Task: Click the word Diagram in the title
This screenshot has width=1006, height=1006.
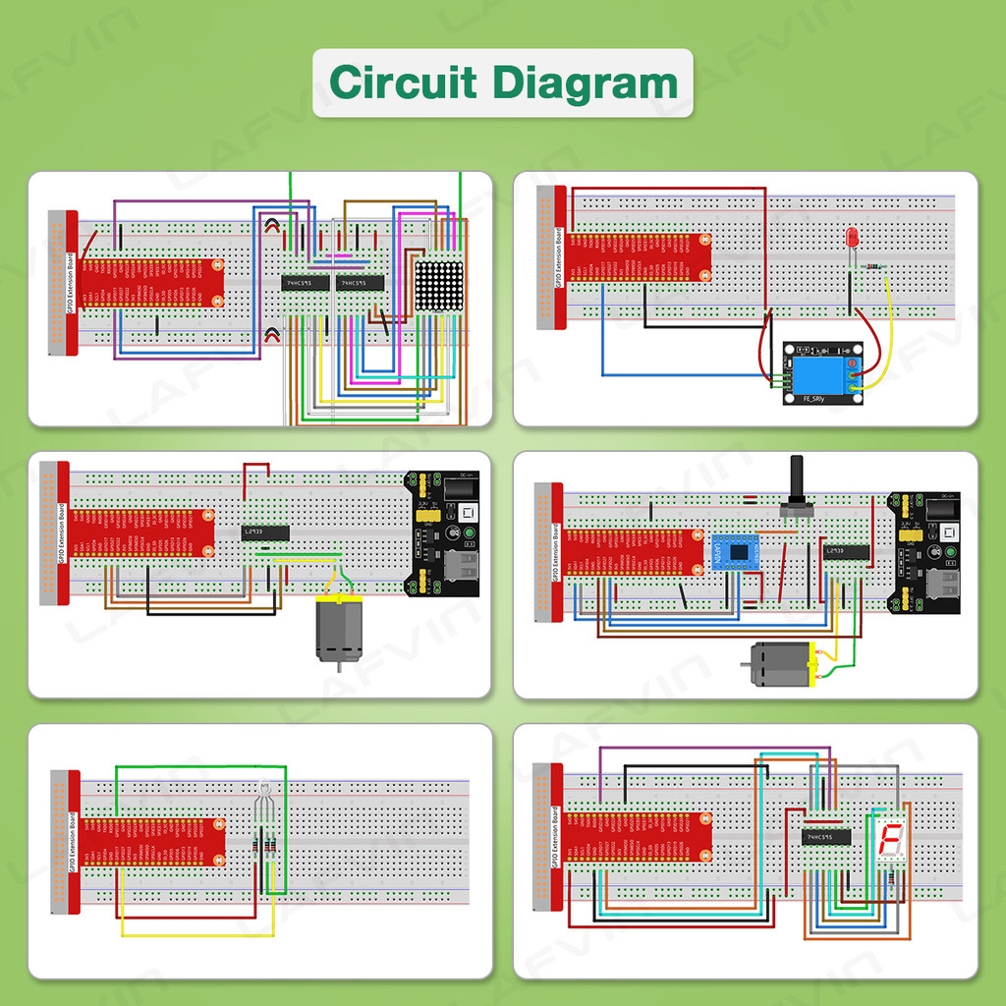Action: click(586, 83)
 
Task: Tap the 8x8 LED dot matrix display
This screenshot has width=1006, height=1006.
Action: click(437, 286)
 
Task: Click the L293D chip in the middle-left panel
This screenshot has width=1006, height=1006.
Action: click(265, 532)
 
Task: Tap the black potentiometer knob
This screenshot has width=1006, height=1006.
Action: click(797, 482)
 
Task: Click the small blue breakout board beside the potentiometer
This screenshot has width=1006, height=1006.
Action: click(732, 552)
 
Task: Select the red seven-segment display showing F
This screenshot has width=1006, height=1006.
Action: click(890, 840)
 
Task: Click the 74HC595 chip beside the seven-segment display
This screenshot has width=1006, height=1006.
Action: click(825, 837)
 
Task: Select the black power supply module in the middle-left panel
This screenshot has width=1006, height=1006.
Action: click(444, 533)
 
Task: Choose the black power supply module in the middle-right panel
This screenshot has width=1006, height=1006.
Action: click(924, 552)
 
